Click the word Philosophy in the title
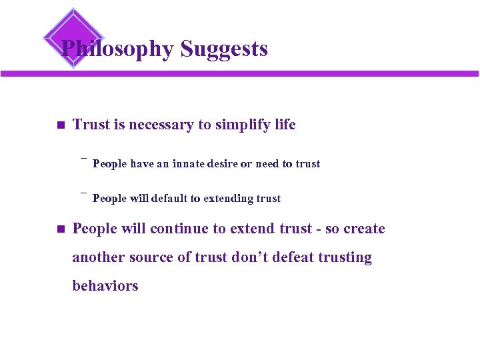(117, 49)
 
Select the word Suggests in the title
(224, 49)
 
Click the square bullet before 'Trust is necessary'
(59, 125)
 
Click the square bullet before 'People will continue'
(59, 229)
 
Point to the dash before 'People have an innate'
(84, 159)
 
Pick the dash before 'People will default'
(84, 193)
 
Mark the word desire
(233, 164)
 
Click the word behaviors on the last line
(105, 286)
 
